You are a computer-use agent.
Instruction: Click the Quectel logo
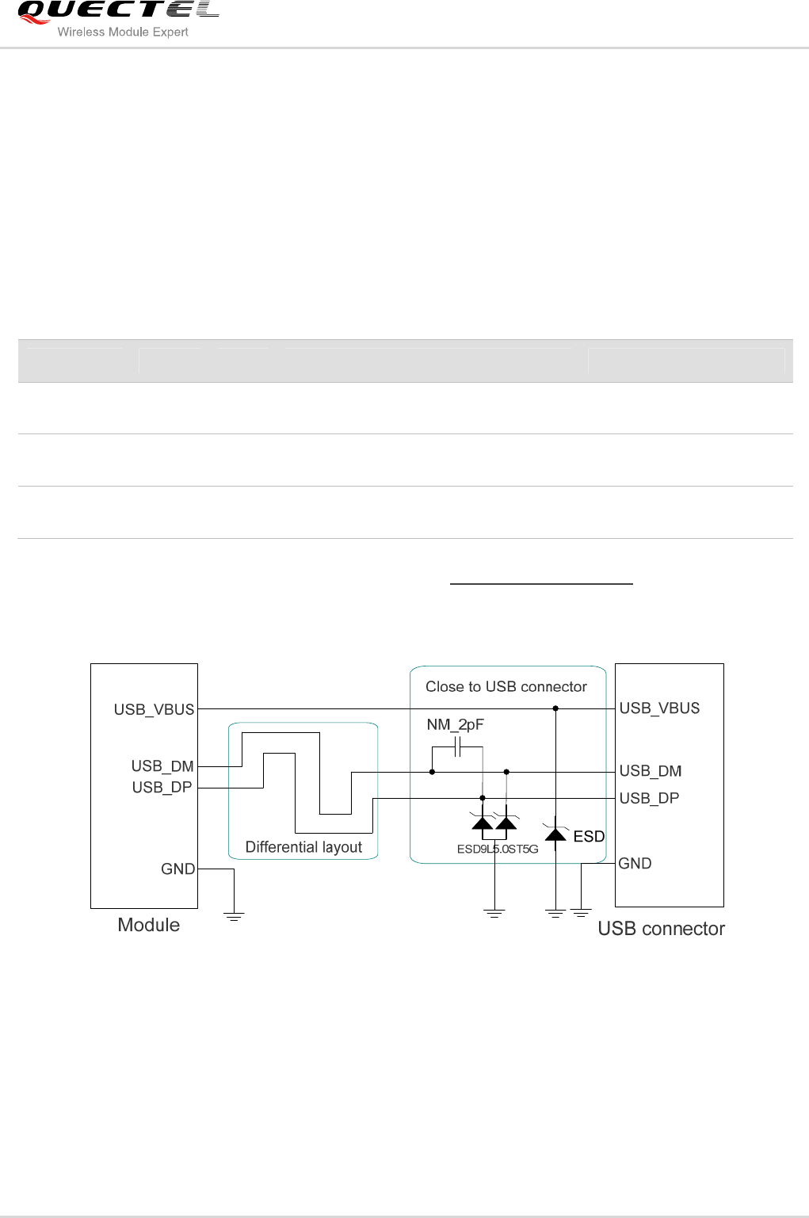117,12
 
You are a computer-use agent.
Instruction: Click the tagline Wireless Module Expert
123,32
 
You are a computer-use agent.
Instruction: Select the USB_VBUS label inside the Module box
154,709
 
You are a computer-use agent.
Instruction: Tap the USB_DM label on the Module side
162,766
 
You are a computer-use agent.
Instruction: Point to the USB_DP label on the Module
162,788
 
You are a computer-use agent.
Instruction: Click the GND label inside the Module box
177,869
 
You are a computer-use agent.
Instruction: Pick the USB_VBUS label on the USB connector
659,708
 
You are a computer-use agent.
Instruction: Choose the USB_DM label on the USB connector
651,771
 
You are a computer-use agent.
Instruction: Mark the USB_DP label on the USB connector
649,798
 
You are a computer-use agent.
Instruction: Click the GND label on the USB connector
635,864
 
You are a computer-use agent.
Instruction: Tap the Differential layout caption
303,847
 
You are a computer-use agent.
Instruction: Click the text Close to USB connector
506,687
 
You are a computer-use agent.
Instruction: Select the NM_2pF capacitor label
455,724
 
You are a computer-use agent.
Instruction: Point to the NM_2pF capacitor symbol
457,746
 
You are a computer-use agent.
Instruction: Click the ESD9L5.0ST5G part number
498,849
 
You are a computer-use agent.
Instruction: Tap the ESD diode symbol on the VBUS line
555,834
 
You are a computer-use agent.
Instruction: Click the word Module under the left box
148,925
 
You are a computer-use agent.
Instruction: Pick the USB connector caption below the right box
661,929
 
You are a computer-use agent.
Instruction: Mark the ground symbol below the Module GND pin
234,916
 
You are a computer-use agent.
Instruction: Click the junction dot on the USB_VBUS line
555,708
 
